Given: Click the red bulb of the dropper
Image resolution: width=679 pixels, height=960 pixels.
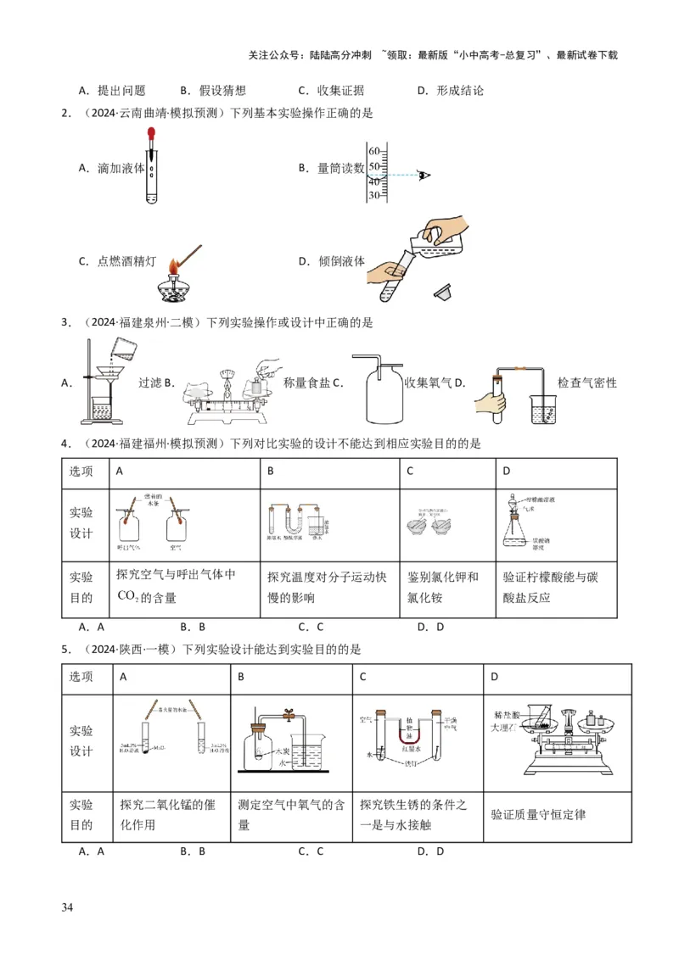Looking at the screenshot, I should pos(151,134).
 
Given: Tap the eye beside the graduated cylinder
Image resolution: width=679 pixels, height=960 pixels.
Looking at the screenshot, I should pos(425,175).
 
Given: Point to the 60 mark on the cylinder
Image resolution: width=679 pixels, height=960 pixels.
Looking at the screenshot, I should pos(374,151).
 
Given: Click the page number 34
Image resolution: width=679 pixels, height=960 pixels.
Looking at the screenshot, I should pos(67,908).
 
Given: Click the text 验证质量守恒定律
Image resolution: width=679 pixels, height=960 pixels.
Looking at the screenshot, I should pos(539,814).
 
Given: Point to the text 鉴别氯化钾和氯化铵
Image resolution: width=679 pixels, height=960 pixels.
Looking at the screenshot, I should pos(443,587).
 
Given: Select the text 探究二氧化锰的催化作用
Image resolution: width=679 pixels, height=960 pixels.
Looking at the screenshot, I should pos(171,814).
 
